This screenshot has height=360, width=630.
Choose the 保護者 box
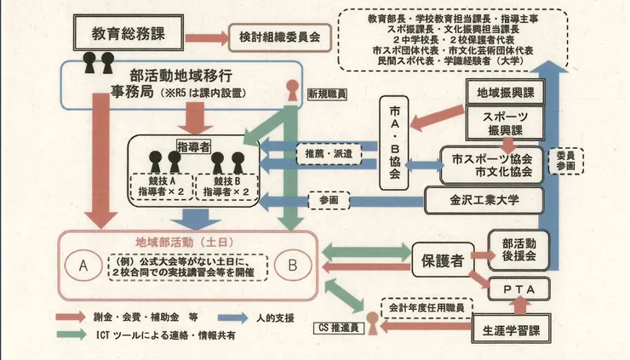pos(443,259)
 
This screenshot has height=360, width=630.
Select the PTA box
pos(519,292)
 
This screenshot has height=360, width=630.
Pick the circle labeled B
pos(293,266)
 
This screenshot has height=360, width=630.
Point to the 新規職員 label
pos(329,95)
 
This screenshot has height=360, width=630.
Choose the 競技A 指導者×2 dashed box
pos(160,187)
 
